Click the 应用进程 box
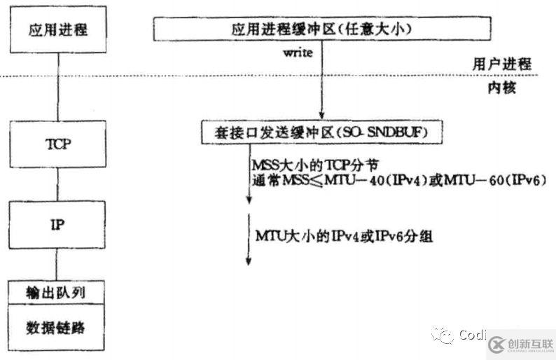(58, 29)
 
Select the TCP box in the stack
(58, 144)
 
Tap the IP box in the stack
(57, 225)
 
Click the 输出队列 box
(57, 292)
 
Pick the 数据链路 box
(57, 327)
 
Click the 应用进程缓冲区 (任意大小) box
(322, 29)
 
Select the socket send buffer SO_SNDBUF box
(322, 132)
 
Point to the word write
(298, 53)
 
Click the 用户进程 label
(502, 64)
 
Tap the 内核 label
(502, 88)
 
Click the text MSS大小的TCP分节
(315, 165)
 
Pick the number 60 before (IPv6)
(496, 181)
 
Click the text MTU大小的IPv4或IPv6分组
(344, 236)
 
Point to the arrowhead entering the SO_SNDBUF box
(321, 115)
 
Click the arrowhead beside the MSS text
(249, 199)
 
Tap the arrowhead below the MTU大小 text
(249, 261)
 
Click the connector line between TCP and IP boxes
(58, 184)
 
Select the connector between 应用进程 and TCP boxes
(58, 87)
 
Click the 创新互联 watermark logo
(520, 345)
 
